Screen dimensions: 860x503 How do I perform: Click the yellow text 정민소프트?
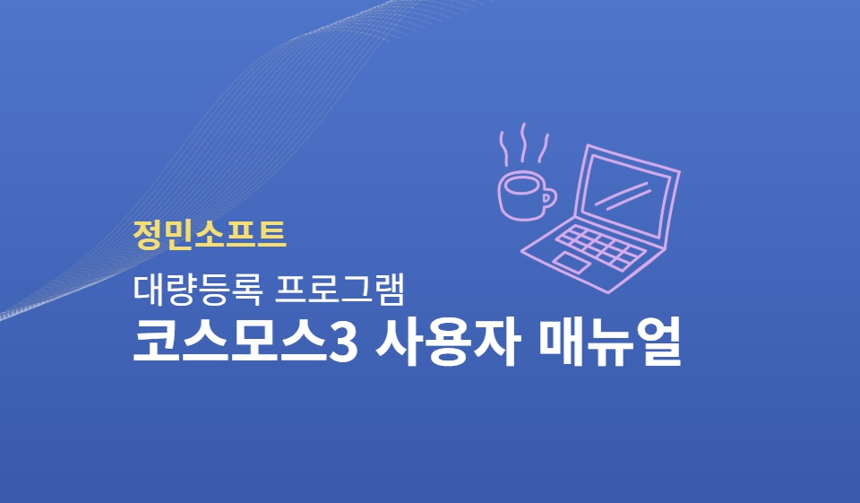click(x=210, y=235)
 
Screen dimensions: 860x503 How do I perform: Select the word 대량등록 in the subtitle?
click(x=197, y=289)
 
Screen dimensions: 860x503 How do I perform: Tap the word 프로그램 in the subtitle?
click(x=340, y=289)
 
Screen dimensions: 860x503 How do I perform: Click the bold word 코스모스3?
click(x=245, y=343)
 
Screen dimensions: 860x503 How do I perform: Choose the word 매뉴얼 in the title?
click(x=610, y=343)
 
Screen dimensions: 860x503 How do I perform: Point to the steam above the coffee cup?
click(x=524, y=143)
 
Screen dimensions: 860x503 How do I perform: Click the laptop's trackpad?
click(x=572, y=263)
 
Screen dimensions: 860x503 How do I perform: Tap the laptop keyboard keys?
click(x=600, y=247)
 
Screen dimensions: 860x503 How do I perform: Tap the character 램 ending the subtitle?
click(x=390, y=289)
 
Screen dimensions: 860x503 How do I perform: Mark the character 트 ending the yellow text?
click(x=271, y=235)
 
